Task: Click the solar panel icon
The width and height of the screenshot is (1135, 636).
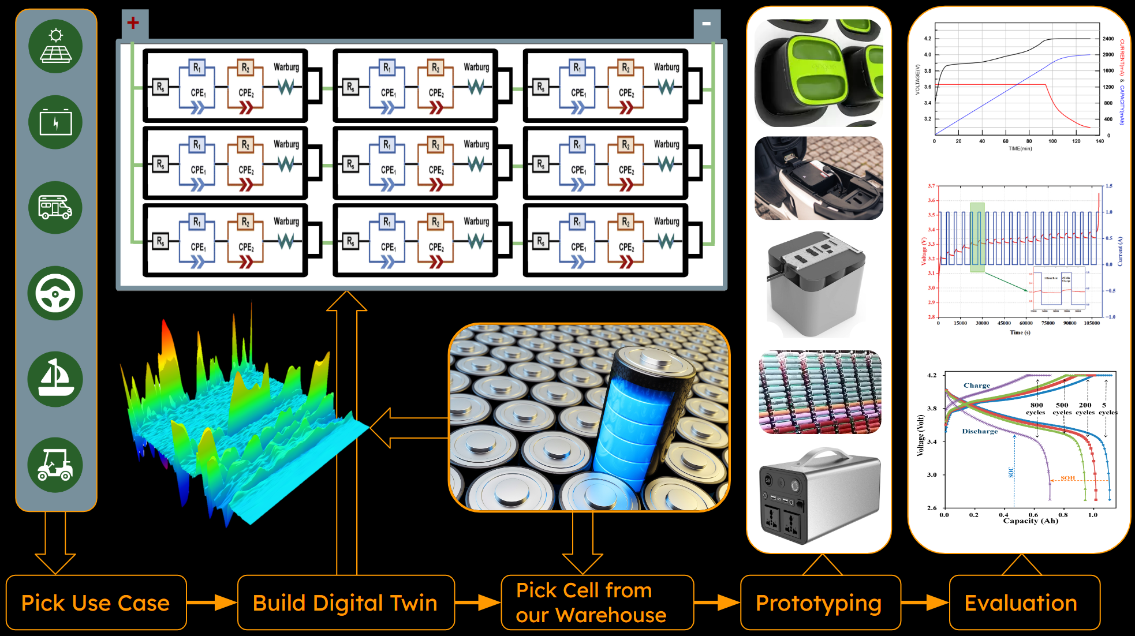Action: tap(55, 46)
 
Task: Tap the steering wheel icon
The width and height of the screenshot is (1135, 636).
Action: tap(55, 293)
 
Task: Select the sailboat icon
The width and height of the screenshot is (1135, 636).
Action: tap(55, 379)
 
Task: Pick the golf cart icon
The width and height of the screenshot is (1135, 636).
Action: tap(55, 465)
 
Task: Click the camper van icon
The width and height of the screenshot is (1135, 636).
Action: tap(55, 208)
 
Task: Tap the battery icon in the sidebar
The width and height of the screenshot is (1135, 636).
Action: tap(55, 122)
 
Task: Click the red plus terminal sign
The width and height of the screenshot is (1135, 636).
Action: tap(133, 23)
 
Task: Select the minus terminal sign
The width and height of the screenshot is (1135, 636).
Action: tap(706, 24)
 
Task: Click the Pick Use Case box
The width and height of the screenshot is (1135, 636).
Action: tap(96, 603)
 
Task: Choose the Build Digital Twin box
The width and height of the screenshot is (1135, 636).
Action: tap(345, 603)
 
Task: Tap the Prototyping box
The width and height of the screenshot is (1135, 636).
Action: tap(819, 603)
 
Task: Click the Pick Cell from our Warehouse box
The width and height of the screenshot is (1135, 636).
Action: tap(596, 603)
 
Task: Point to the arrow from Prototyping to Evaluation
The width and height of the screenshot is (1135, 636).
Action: tap(924, 603)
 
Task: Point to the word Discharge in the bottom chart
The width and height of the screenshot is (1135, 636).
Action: tap(980, 431)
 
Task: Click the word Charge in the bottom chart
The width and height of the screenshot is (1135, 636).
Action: tap(976, 386)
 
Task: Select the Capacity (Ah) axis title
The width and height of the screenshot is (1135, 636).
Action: tap(1031, 521)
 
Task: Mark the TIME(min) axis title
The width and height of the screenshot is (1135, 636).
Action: tap(1020, 149)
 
